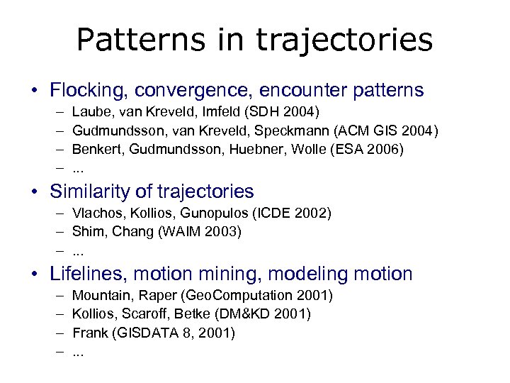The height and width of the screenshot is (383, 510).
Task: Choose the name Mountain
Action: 101,294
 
